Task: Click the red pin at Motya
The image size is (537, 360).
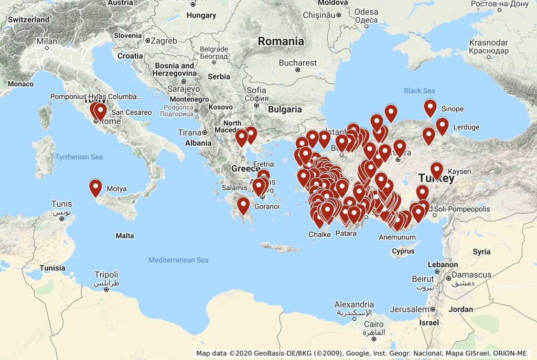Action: tap(95, 188)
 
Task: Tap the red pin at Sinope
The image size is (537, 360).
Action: tap(430, 108)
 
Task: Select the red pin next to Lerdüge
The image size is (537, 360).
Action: tap(442, 126)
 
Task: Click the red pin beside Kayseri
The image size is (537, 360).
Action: tap(436, 170)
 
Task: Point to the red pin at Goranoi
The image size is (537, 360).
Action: tap(243, 205)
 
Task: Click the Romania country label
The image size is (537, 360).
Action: tap(281, 41)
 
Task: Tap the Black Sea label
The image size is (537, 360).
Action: tap(419, 91)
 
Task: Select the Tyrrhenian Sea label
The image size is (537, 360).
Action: tap(79, 157)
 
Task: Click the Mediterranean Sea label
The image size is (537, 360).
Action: tap(178, 260)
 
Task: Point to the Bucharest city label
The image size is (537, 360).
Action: tap(298, 63)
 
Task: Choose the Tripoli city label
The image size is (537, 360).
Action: tap(106, 275)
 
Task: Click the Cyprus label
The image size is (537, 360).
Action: tap(403, 251)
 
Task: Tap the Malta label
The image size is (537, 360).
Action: tap(125, 236)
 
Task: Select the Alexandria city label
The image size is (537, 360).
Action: tap(354, 304)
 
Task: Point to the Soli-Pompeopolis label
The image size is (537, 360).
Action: tap(461, 209)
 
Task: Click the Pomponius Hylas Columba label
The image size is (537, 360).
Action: tap(96, 96)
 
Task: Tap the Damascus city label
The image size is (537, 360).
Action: tap(471, 275)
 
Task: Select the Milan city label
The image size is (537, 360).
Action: tap(47, 41)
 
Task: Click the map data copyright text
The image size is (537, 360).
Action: tap(362, 353)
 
